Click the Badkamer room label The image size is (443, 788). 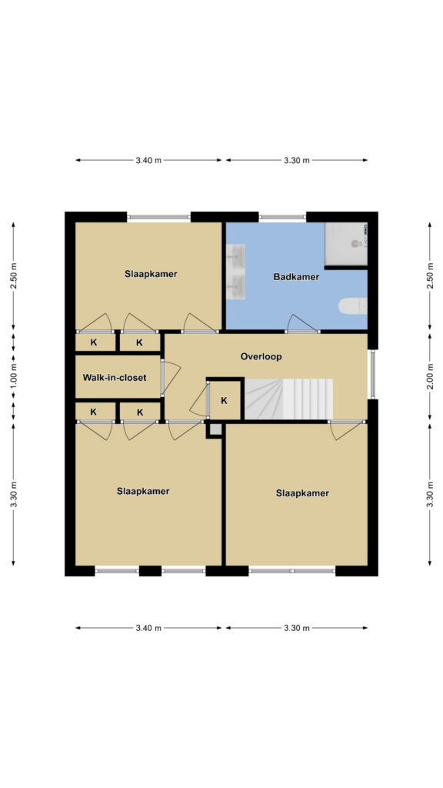tap(296, 276)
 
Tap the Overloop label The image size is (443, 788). tap(261, 357)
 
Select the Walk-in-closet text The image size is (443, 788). tap(115, 377)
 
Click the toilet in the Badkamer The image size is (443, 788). tap(352, 306)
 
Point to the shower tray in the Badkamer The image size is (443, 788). tap(346, 244)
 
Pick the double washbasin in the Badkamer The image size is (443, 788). tap(235, 272)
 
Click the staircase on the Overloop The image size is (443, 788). tap(288, 399)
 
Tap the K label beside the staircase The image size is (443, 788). tap(224, 400)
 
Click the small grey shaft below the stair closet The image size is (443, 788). tap(215, 429)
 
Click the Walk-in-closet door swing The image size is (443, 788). tap(171, 377)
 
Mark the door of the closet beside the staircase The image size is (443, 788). tap(200, 399)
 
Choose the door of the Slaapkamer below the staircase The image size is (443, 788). tap(347, 429)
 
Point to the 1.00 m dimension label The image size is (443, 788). tap(14, 377)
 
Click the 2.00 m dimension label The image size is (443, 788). tap(430, 377)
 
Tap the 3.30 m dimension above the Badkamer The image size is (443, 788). tap(296, 160)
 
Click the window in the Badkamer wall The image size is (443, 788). tap(282, 217)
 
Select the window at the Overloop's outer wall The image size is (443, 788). tap(373, 375)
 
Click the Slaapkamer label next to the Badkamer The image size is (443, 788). tap(151, 274)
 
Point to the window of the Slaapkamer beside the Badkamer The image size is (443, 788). tap(158, 217)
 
